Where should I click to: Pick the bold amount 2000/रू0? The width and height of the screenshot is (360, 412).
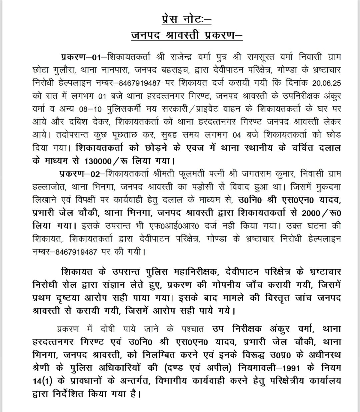pyautogui.click(x=322, y=213)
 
